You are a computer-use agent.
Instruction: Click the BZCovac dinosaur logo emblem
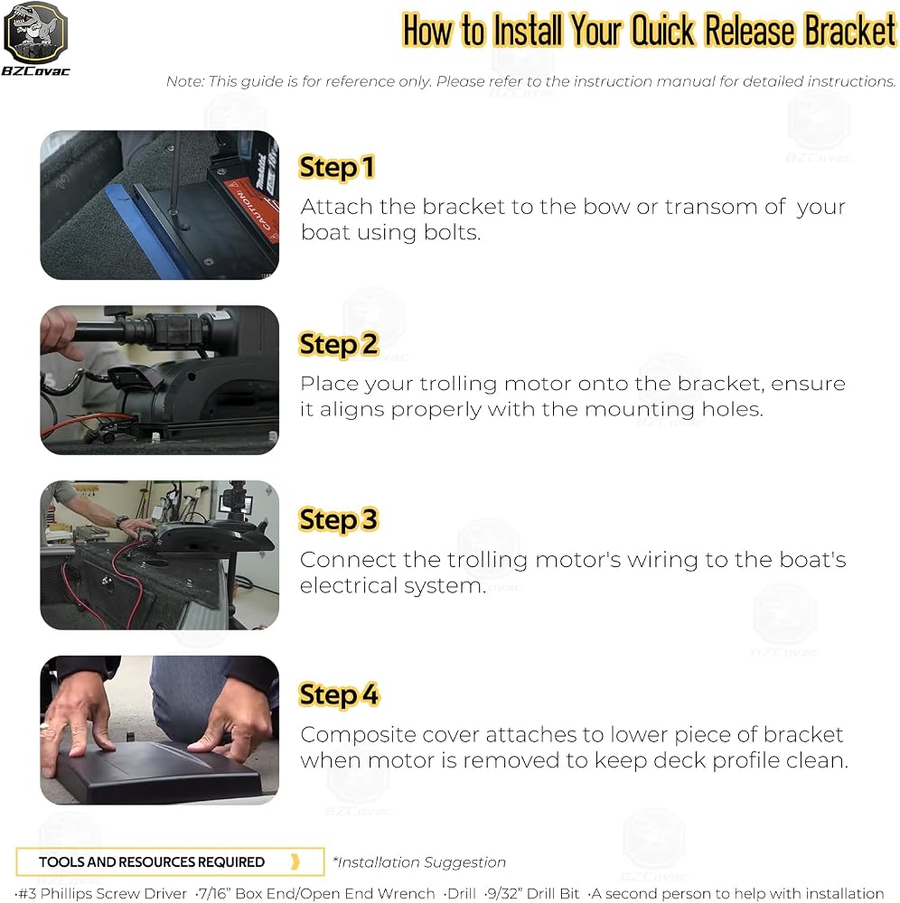coord(36,33)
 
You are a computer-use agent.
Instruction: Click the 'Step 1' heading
coord(337,168)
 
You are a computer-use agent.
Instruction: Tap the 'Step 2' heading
coord(338,344)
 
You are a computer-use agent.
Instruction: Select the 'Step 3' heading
coord(338,519)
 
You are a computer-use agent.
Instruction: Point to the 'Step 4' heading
coord(339,694)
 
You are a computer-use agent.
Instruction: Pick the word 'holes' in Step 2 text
coord(732,409)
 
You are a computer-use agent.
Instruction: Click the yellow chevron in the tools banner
coord(295,861)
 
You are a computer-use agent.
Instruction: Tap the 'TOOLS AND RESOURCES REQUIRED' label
coord(152,861)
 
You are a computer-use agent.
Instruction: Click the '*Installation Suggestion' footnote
coord(419,862)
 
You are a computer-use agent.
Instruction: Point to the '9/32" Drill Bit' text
coord(532,893)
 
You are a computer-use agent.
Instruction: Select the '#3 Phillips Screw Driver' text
coord(102,893)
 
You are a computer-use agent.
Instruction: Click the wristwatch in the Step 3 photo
coord(122,521)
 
